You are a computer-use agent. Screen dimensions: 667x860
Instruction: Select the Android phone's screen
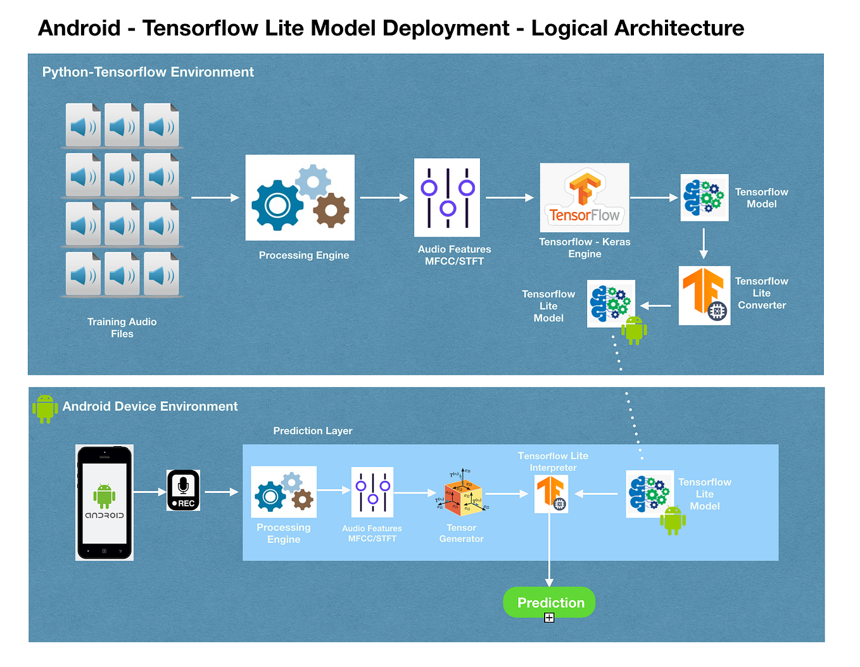pyautogui.click(x=104, y=502)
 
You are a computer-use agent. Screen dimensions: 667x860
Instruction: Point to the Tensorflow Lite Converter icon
pyautogui.click(x=704, y=296)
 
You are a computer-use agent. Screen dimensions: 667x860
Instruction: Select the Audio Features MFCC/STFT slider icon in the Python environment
pyautogui.click(x=447, y=197)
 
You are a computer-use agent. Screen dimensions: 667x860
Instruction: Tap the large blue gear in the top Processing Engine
pyautogui.click(x=277, y=205)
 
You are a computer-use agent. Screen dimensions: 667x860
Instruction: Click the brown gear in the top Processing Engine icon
pyautogui.click(x=331, y=210)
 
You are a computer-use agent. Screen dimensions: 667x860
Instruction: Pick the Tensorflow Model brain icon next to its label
pyautogui.click(x=704, y=197)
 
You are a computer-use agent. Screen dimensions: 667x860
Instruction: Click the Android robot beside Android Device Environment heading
pyautogui.click(x=45, y=408)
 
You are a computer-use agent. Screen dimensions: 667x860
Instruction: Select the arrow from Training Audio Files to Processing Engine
pyautogui.click(x=215, y=197)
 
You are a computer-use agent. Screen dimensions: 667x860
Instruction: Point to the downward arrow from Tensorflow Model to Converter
pyautogui.click(x=704, y=244)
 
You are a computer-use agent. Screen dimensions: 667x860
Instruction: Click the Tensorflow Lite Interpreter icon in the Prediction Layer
pyautogui.click(x=551, y=494)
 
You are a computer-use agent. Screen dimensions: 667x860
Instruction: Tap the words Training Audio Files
pyautogui.click(x=122, y=328)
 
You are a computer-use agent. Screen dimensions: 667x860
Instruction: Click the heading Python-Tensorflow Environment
pyautogui.click(x=148, y=72)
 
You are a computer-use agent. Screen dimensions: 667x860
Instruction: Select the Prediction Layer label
pyautogui.click(x=312, y=431)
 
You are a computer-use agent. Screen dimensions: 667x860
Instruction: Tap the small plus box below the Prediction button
pyautogui.click(x=549, y=618)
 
